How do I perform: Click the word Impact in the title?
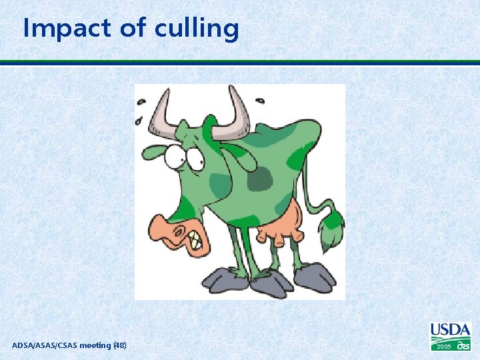coord(65,29)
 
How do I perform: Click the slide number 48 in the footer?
coord(119,345)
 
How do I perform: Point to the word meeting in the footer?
coord(93,345)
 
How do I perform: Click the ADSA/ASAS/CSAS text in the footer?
coord(41,345)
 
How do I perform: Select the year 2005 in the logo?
coord(443,347)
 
